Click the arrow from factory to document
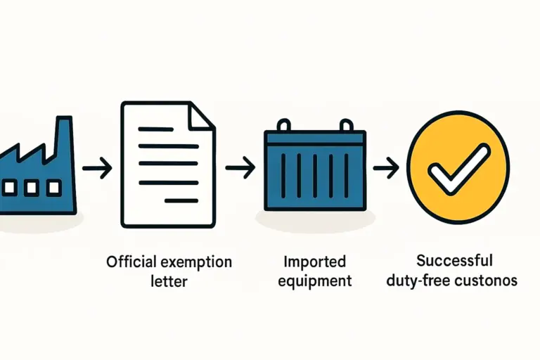(x=96, y=168)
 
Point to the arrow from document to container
(x=240, y=168)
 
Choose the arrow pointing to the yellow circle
(x=385, y=168)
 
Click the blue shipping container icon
(x=314, y=170)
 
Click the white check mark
(x=459, y=168)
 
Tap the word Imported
(x=314, y=262)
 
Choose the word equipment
(x=314, y=281)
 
